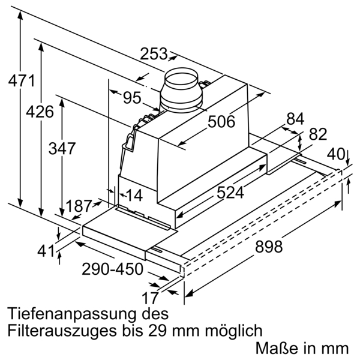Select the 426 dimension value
coord(40,112)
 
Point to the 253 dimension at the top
coord(154,54)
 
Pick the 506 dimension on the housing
coord(221,122)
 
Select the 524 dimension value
coord(230,193)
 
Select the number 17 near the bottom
coord(152,298)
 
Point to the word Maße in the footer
coord(274,347)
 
